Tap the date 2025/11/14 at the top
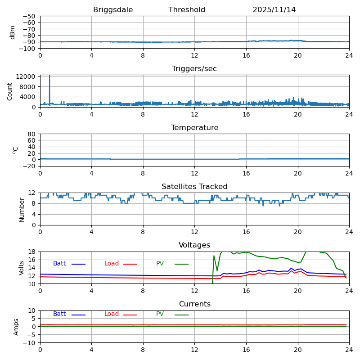[x=274, y=10]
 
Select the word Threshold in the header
[x=187, y=10]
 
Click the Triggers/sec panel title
[x=194, y=69]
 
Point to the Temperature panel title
[x=194, y=128]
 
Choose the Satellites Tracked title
[x=194, y=187]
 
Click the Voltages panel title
[x=194, y=245]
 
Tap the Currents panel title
[x=194, y=304]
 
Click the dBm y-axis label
[x=13, y=32]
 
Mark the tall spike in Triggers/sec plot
[x=49, y=83]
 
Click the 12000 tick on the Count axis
[x=27, y=76]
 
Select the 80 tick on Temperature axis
[x=31, y=134]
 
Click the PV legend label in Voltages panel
[x=160, y=264]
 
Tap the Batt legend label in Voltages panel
[x=59, y=264]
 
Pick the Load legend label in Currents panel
[x=112, y=314]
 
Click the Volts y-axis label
[x=22, y=268]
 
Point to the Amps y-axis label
[x=16, y=327]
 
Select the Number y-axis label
[x=22, y=209]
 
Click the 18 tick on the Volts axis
[x=32, y=252]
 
